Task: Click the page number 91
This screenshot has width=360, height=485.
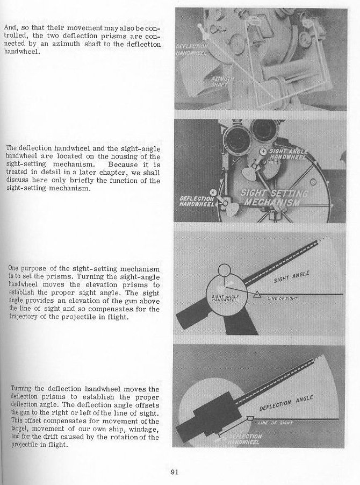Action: point(175,473)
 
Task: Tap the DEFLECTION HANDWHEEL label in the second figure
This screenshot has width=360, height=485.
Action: point(193,201)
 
